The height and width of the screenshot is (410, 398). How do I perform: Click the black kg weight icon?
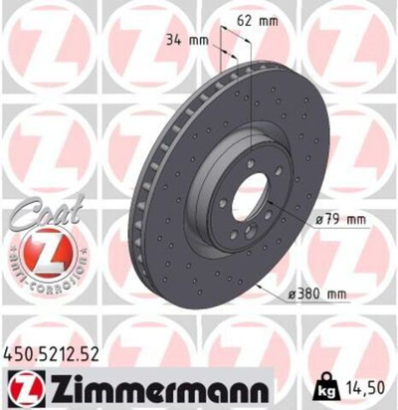point(328,383)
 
